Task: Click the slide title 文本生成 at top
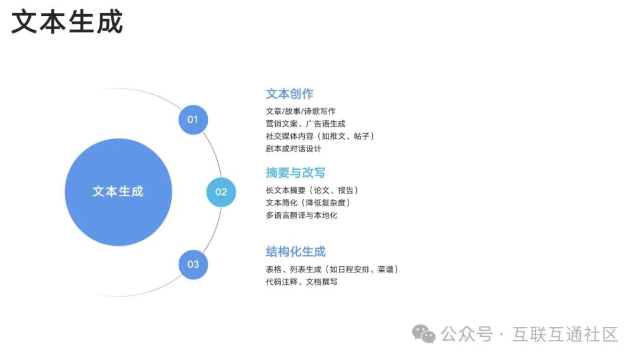click(x=67, y=22)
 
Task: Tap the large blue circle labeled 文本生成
click(x=118, y=192)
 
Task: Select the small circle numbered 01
click(x=193, y=120)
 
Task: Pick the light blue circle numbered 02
click(x=221, y=192)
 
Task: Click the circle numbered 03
click(x=193, y=264)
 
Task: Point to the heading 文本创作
click(x=289, y=94)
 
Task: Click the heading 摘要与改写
click(x=295, y=173)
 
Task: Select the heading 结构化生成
click(x=295, y=252)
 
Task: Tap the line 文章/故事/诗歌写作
click(x=301, y=111)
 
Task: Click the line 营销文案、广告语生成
click(x=305, y=123)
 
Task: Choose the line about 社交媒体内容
click(x=320, y=136)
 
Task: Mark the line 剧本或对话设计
click(x=293, y=149)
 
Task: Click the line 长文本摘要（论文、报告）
click(x=312, y=190)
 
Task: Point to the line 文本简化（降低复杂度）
click(x=309, y=202)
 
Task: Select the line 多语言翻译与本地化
click(x=302, y=215)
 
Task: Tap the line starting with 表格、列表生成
click(x=332, y=269)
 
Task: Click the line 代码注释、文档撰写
click(x=302, y=282)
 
